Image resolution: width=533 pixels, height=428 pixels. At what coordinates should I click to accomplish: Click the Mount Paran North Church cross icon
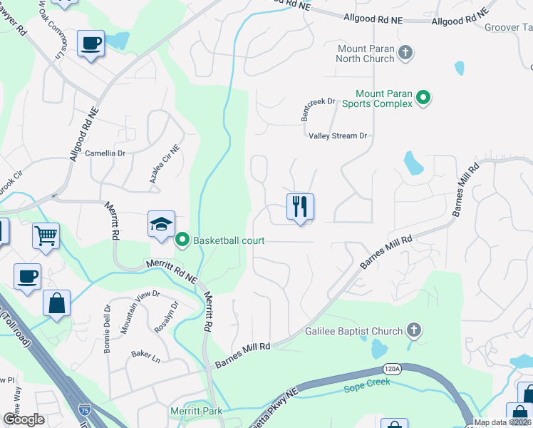tap(405, 52)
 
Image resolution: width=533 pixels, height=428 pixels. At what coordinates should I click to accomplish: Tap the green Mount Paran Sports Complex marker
tap(423, 97)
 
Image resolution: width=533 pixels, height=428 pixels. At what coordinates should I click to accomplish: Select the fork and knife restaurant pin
tap(300, 208)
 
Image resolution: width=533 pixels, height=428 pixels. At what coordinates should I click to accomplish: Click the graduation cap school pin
tap(162, 224)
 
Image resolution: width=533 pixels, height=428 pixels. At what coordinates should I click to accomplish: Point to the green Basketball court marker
tap(182, 240)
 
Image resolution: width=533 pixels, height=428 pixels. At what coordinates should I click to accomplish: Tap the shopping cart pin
tap(46, 235)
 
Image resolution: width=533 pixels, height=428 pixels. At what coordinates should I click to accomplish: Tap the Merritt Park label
tap(196, 411)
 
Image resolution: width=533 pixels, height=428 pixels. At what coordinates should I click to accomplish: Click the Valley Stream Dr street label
tap(338, 136)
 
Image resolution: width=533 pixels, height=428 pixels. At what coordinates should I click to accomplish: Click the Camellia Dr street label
tap(105, 153)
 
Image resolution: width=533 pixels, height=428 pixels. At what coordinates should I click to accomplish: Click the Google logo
tap(24, 419)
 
